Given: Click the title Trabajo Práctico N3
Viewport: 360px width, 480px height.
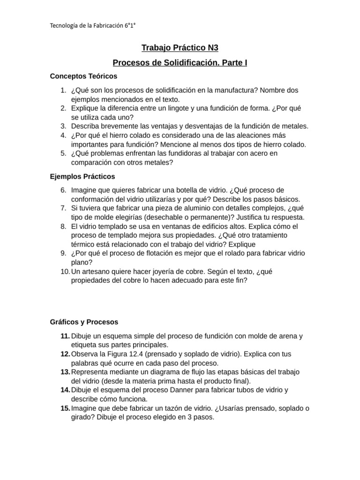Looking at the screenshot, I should pos(180,48).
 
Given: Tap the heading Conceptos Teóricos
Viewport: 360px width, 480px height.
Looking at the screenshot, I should pos(83,76).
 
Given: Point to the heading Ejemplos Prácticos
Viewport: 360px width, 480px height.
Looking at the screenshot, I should pos(82,177).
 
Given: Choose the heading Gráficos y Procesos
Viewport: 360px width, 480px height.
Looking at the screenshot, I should pos(84,322).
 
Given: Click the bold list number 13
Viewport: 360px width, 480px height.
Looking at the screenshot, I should pos(65,372).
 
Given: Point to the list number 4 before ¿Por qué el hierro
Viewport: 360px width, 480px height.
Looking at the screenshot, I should pos(63,135).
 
